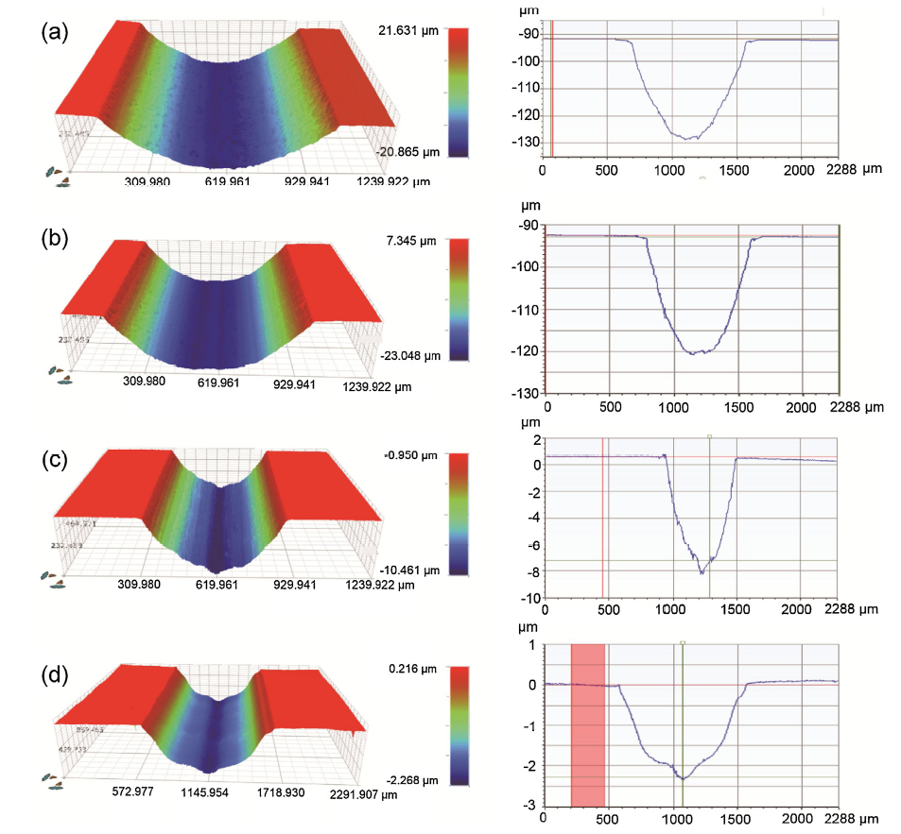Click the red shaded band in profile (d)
click(587, 724)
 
